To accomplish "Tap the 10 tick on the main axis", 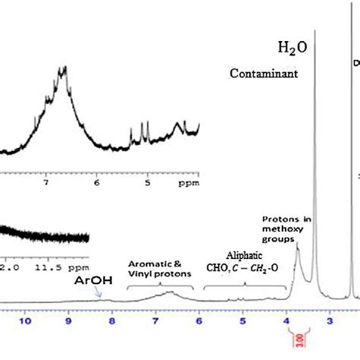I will point(25,321).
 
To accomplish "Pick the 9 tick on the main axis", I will point(68,321).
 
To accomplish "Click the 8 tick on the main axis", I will point(112,321).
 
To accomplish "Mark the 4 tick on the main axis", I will point(287,321).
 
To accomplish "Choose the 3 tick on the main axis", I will point(330,321).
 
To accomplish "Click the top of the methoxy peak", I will point(296,243).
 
